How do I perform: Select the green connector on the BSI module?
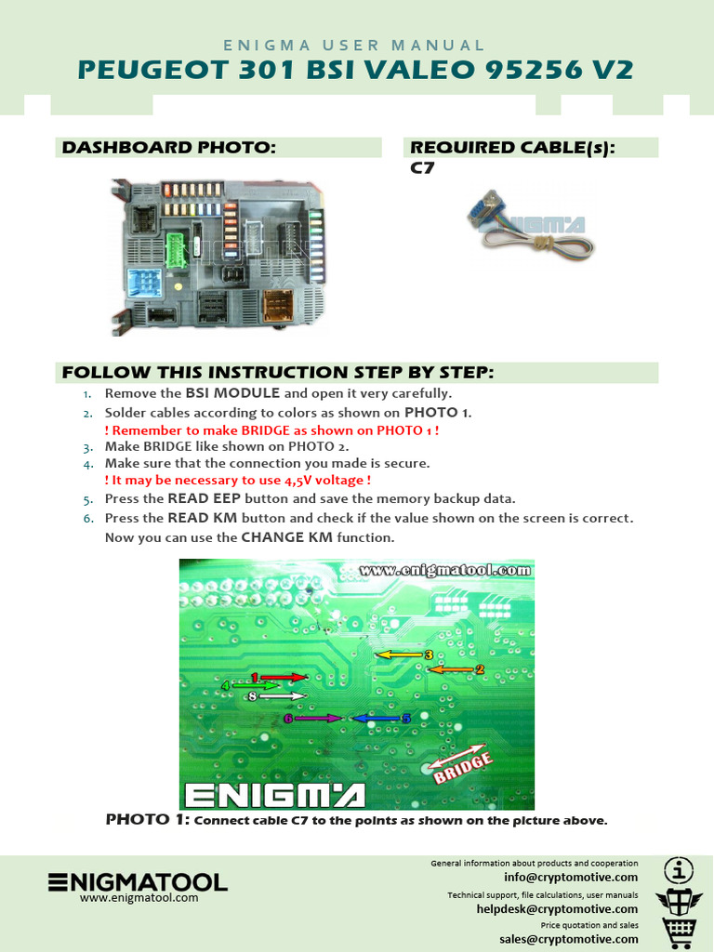coord(177,248)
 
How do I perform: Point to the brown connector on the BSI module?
coord(278,303)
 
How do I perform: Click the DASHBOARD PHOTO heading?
coord(168,148)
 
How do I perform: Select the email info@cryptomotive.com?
coord(571,877)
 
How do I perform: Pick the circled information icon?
coord(679,870)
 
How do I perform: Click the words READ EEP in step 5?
coord(204,499)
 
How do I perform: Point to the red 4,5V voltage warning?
coord(238,481)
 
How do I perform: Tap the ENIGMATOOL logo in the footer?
coord(138,882)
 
